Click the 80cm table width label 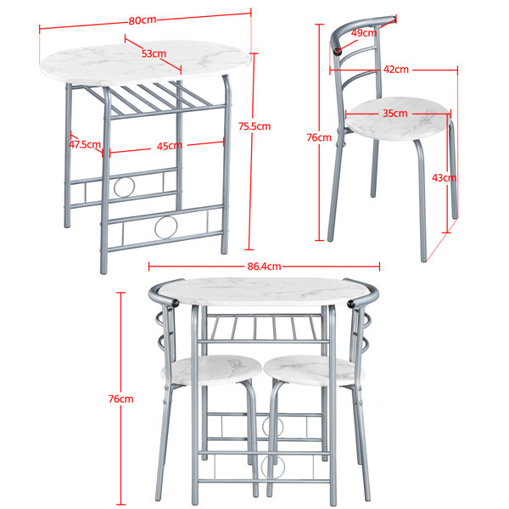click(x=143, y=20)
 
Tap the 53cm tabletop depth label click(x=154, y=53)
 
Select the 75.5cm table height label click(x=255, y=126)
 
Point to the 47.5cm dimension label click(x=85, y=144)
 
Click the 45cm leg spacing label click(x=170, y=147)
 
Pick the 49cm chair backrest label click(x=364, y=33)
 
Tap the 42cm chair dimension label click(x=396, y=70)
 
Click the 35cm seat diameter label click(x=395, y=114)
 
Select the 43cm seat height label click(x=444, y=178)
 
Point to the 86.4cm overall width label click(x=264, y=266)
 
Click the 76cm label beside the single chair click(x=319, y=137)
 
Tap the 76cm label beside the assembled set click(x=120, y=399)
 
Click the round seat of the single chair click(x=398, y=119)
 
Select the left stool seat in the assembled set click(x=211, y=370)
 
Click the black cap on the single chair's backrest click(x=338, y=51)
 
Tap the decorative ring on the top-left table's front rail click(x=166, y=227)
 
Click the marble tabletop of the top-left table click(x=145, y=63)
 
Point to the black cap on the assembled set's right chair click(x=350, y=305)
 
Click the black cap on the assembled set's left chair click(x=175, y=303)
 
